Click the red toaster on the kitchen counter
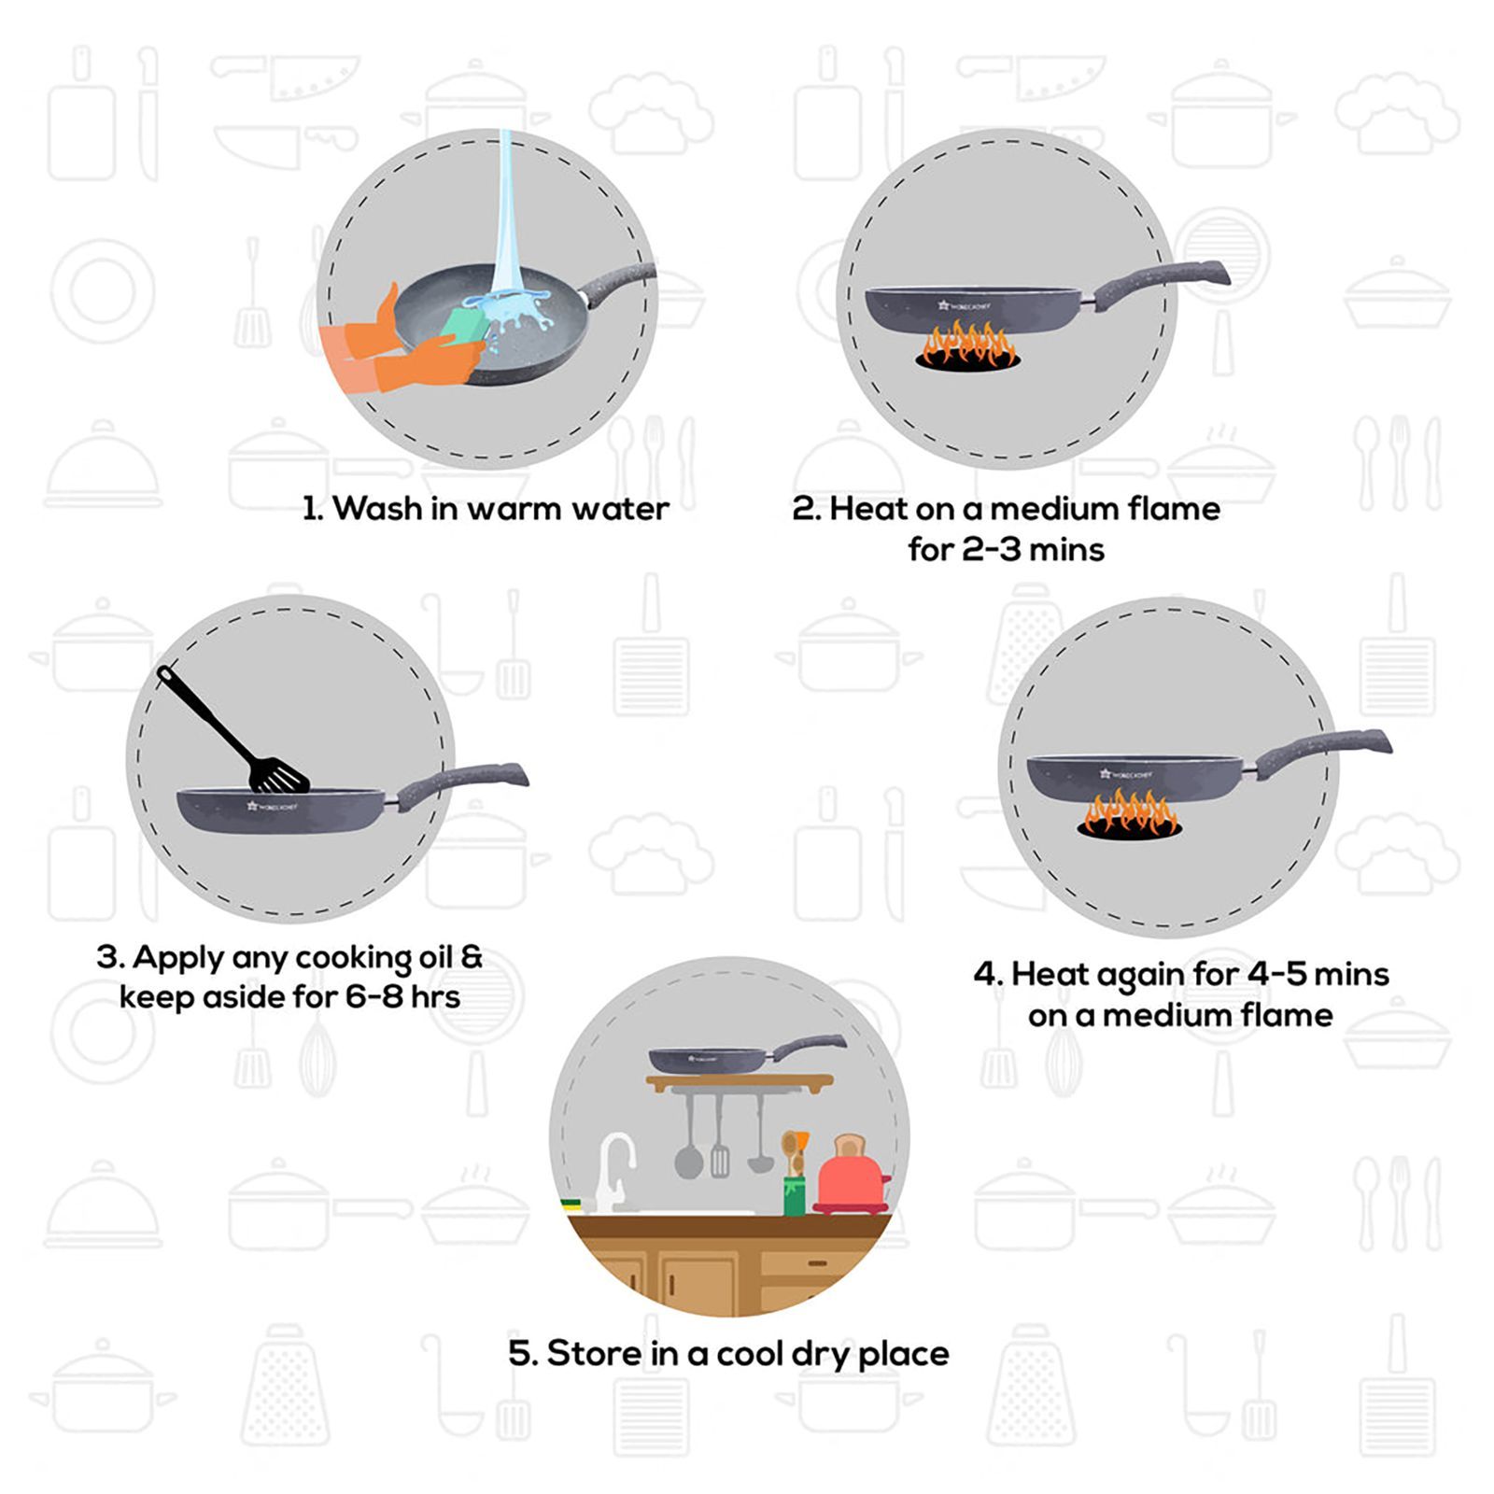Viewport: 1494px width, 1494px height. pyautogui.click(x=851, y=1178)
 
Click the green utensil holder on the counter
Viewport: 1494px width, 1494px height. pyautogui.click(x=794, y=1195)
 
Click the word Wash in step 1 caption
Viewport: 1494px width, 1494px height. pyautogui.click(x=377, y=509)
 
